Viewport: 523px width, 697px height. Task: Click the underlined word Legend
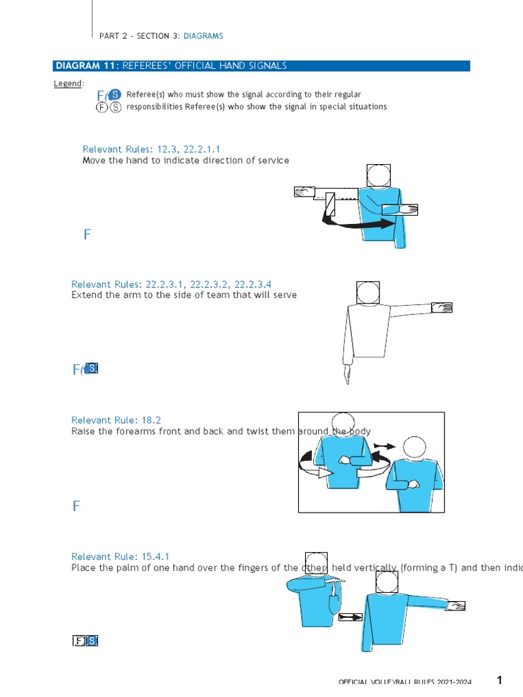tap(68, 84)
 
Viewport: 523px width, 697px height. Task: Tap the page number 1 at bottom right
tap(499, 680)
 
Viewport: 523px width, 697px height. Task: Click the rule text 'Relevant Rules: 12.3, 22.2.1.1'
tap(151, 149)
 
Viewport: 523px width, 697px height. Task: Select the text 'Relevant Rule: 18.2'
tap(116, 421)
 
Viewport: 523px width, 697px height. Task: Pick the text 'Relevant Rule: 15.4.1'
tap(121, 557)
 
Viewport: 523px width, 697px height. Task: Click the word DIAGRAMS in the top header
tap(203, 35)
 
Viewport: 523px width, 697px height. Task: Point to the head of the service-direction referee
tap(378, 176)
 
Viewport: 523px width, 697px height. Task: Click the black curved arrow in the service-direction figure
tap(358, 222)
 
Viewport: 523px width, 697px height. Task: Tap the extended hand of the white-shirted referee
tap(442, 307)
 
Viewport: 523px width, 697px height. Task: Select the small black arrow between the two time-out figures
tap(351, 617)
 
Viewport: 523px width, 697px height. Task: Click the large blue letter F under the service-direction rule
tap(87, 235)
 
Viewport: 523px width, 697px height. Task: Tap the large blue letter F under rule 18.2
tap(76, 506)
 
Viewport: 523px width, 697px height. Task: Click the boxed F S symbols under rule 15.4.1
tap(86, 641)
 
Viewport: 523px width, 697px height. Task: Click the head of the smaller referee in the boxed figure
tap(413, 448)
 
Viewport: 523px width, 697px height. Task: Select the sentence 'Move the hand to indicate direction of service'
tap(185, 161)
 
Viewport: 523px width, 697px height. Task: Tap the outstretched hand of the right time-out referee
tap(456, 604)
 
